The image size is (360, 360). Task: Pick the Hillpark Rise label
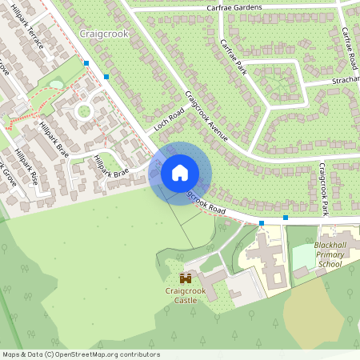click(x=30, y=166)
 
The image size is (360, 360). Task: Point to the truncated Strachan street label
click(x=346, y=80)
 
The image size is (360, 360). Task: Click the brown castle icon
click(x=186, y=278)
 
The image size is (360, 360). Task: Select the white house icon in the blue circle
click(x=180, y=173)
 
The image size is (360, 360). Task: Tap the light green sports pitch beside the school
click(x=303, y=256)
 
